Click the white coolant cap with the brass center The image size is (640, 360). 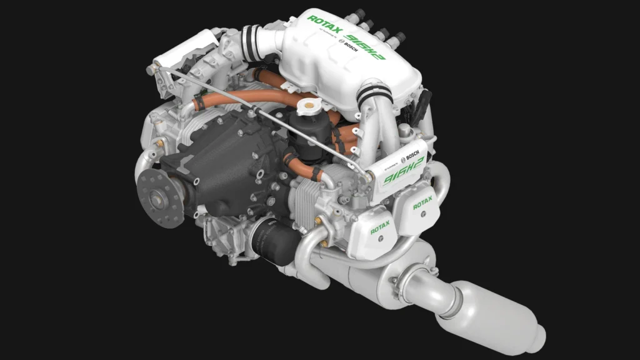pyautogui.click(x=309, y=106)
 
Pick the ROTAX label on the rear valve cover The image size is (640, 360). pyautogui.click(x=422, y=202)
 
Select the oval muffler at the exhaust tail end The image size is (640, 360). pyautogui.click(x=500, y=319)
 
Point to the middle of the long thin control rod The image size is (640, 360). pyautogui.click(x=256, y=113)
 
